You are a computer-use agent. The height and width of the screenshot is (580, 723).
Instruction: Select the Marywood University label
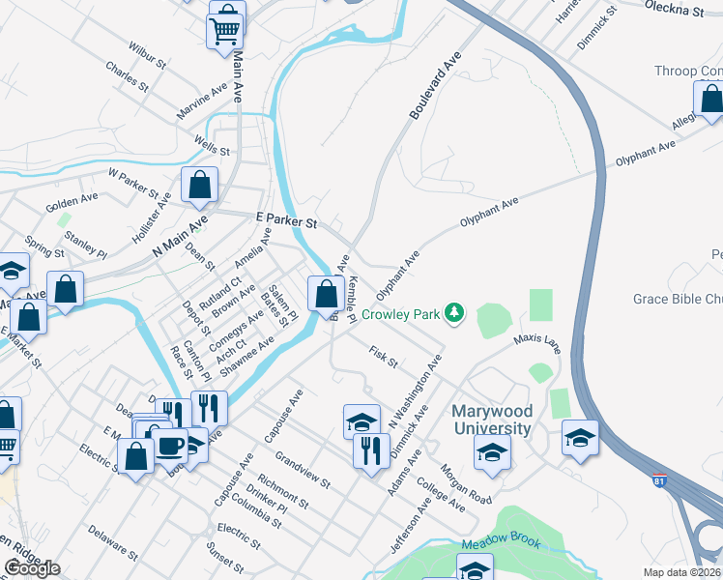pyautogui.click(x=492, y=420)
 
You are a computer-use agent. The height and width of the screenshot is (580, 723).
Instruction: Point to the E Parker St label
pyautogui.click(x=286, y=221)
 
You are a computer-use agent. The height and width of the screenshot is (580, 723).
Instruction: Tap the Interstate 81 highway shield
pyautogui.click(x=659, y=480)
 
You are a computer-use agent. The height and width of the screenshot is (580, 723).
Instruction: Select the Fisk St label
pyautogui.click(x=383, y=357)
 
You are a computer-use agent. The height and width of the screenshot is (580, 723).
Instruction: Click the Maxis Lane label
pyautogui.click(x=536, y=342)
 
